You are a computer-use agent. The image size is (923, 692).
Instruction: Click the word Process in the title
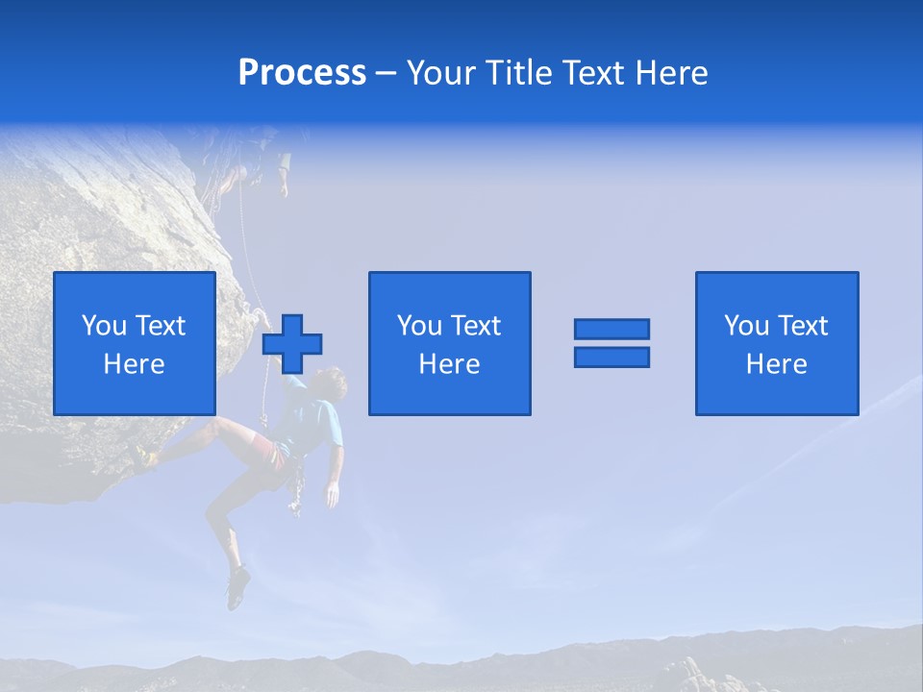[x=302, y=73]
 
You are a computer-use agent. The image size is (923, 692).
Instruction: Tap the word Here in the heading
[x=671, y=73]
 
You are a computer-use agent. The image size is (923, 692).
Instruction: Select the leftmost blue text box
[x=135, y=343]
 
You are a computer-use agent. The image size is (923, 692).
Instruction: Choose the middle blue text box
[x=449, y=343]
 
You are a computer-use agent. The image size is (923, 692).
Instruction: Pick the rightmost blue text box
[x=777, y=343]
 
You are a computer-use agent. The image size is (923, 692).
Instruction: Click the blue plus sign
[x=293, y=344]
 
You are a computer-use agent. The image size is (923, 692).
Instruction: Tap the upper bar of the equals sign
[x=611, y=329]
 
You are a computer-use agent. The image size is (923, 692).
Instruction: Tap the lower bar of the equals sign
[x=611, y=357]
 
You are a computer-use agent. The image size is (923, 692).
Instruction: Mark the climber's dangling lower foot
[x=237, y=587]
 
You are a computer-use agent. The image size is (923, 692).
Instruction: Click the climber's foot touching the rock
[x=145, y=457]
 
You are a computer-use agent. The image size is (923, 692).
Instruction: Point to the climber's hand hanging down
[x=332, y=494]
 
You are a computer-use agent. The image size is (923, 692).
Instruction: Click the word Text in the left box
[x=160, y=326]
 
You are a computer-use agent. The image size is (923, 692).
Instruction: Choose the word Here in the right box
[x=777, y=363]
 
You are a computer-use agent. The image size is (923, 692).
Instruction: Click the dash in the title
[x=386, y=73]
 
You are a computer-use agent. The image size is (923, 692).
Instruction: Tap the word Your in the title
[x=441, y=73]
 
